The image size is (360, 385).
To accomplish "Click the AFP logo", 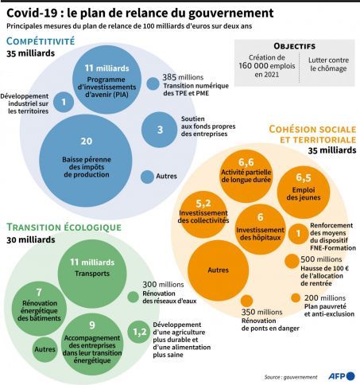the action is (x=342, y=376).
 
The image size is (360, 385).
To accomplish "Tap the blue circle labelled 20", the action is (x=86, y=161).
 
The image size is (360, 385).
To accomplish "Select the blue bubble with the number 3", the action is (x=160, y=130).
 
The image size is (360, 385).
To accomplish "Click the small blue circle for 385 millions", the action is (x=153, y=84).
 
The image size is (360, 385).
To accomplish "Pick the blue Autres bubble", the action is (x=147, y=177).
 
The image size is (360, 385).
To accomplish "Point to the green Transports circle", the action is (x=92, y=274).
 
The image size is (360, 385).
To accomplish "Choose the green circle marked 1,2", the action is (x=139, y=332).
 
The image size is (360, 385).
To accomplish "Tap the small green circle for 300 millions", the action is (x=133, y=297).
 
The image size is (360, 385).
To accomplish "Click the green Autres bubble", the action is (x=45, y=349).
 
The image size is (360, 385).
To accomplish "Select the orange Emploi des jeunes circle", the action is (x=304, y=192).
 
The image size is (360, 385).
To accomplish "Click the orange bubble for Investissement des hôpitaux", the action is (x=261, y=229).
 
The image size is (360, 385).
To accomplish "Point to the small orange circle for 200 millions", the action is (x=296, y=297).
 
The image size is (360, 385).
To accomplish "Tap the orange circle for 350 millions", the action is (x=246, y=301).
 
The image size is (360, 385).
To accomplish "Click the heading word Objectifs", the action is (x=295, y=46).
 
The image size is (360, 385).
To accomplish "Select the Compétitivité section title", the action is (x=41, y=41).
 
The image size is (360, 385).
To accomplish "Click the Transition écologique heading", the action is (x=64, y=227).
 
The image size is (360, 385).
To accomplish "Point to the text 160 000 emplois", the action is (x=267, y=66).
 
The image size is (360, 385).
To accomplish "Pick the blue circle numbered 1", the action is (x=64, y=102).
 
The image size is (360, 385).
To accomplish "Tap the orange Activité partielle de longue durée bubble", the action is (x=246, y=176).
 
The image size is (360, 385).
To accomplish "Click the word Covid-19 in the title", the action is (x=32, y=14).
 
